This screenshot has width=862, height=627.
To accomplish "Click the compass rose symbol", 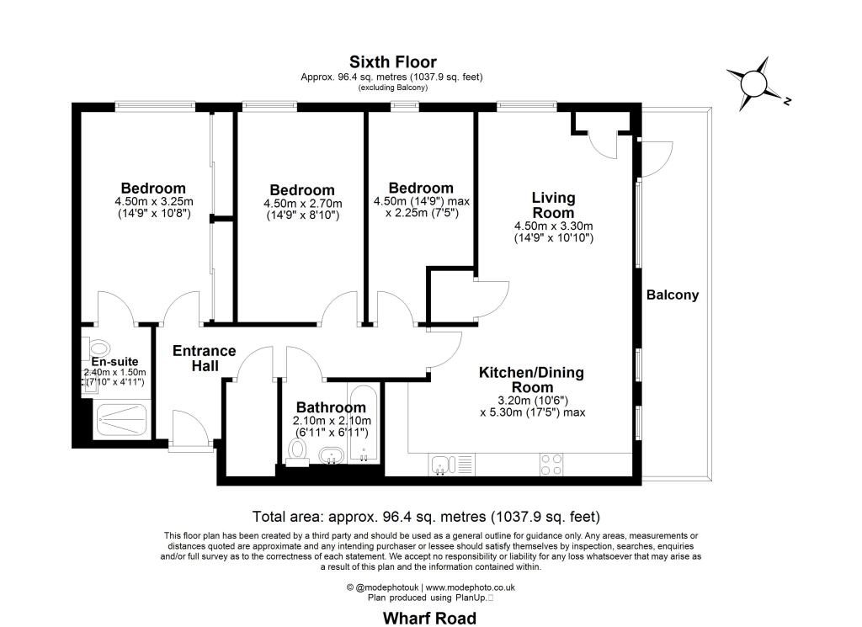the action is pos(753,83).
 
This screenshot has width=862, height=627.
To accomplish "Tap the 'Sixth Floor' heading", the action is pos(393,61).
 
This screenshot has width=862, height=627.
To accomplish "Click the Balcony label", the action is pos(673,295).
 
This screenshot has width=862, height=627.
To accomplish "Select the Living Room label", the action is pos(554,205).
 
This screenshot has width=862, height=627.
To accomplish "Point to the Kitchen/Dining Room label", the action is pos(532,380).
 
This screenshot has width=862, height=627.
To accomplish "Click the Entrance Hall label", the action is pos(204,359).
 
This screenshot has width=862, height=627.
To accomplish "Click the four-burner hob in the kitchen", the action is pos(551,465).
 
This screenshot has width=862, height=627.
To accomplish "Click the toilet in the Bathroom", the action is pos(297,454).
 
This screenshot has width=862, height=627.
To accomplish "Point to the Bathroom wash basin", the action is pos(332,455).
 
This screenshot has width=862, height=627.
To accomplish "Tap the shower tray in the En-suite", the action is pos(121,420).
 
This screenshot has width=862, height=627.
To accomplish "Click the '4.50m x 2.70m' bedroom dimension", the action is pos(302,204).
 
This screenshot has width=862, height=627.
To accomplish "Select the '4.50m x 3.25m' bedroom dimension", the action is pos(154,202).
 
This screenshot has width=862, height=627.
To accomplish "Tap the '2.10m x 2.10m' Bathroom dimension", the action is pos(332,421).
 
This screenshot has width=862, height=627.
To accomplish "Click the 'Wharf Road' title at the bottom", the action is pos(429,619).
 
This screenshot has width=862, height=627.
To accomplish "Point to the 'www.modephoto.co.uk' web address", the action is pos(470,587).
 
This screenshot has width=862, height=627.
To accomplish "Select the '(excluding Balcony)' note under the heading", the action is pos(392,88).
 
